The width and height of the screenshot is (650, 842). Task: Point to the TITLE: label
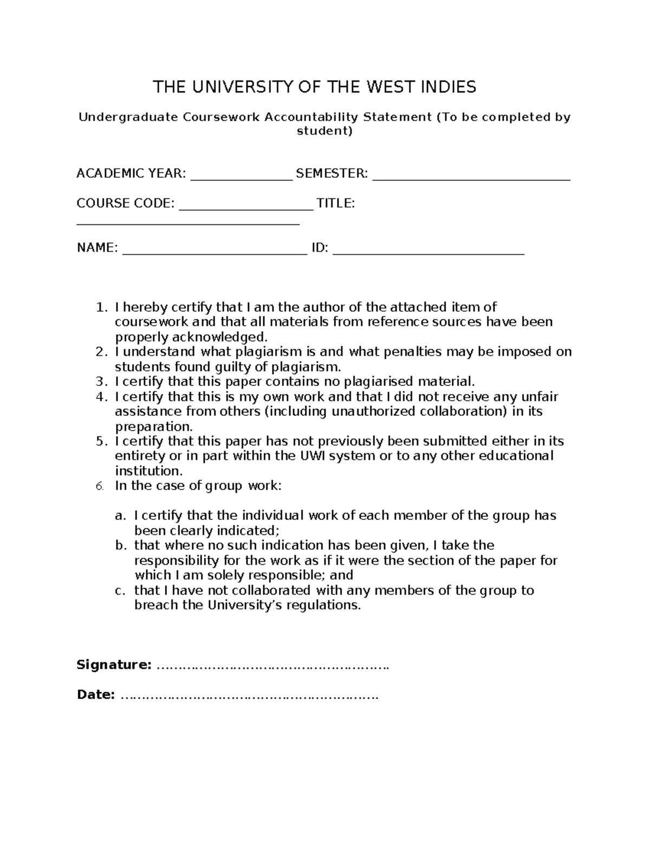coord(335,203)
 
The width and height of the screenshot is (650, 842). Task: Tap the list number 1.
coord(100,307)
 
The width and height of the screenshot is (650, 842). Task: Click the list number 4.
coord(100,397)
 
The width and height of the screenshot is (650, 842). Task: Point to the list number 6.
coord(100,486)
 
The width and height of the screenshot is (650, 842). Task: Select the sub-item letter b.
coord(120,545)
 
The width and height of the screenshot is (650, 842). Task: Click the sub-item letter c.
coord(120,590)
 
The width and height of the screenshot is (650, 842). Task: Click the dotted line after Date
coord(249,695)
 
